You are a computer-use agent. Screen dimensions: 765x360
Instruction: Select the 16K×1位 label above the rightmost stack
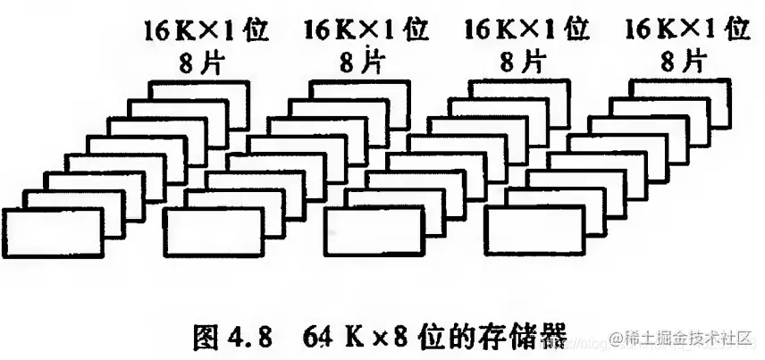[686, 29]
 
